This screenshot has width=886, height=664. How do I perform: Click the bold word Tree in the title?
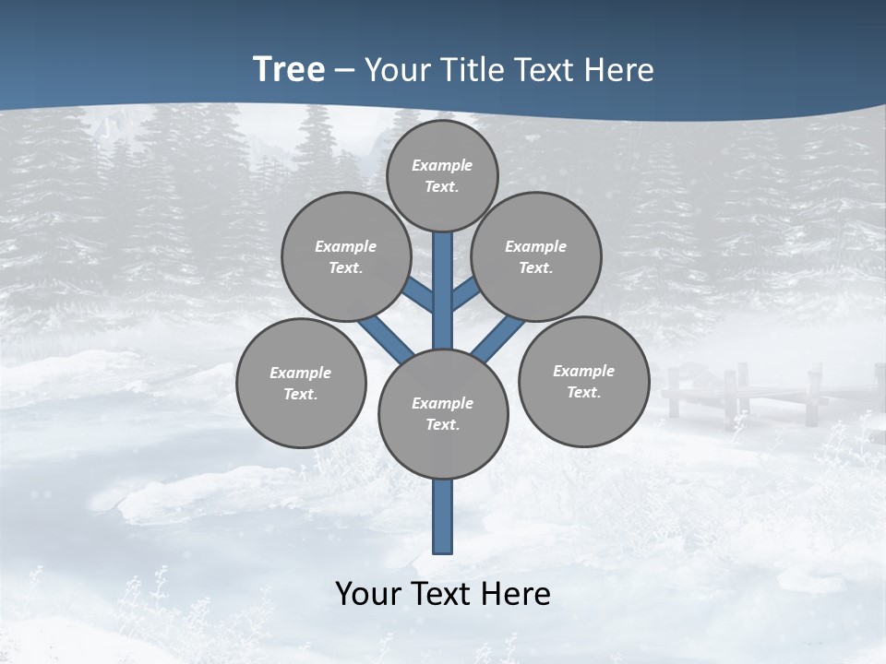point(288,70)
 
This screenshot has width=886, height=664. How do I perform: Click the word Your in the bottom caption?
point(369,594)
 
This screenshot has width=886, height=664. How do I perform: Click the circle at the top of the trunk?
point(442,175)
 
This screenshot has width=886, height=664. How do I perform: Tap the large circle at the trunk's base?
point(443,414)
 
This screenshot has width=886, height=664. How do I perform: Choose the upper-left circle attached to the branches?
point(345,256)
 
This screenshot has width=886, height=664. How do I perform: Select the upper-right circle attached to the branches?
point(535,256)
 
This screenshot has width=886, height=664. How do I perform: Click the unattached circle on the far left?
point(301,383)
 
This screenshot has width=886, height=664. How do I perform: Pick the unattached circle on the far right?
point(583,381)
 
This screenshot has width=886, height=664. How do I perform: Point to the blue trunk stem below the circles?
point(443,516)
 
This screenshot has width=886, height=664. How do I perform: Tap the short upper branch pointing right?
point(464,294)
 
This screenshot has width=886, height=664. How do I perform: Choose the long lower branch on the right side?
point(498,338)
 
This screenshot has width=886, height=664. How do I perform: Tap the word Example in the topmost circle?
point(442,165)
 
